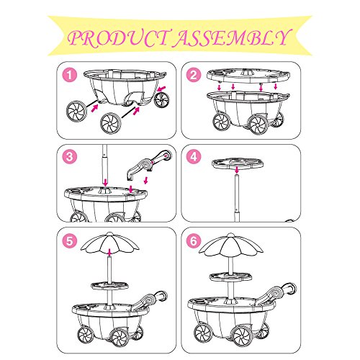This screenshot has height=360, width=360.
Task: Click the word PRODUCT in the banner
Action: click(x=117, y=38)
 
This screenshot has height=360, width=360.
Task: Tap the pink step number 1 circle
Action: click(x=70, y=75)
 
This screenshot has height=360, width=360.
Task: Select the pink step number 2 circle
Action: click(x=194, y=75)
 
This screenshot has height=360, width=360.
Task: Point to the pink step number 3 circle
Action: click(x=70, y=157)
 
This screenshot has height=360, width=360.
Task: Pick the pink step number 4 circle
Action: click(x=194, y=157)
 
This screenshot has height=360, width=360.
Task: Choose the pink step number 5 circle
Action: click(x=70, y=240)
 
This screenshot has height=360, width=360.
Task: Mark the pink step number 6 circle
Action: click(x=194, y=240)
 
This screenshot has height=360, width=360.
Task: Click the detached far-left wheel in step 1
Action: click(x=76, y=111)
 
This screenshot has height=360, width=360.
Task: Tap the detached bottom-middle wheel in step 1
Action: click(x=111, y=123)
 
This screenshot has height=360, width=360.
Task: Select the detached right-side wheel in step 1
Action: click(x=162, y=99)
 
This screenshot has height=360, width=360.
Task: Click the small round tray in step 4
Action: click(x=238, y=163)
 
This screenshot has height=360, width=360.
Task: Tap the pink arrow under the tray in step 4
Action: click(x=237, y=170)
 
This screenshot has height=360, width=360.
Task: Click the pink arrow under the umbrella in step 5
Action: click(x=109, y=253)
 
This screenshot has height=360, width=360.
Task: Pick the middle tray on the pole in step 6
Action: click(x=231, y=276)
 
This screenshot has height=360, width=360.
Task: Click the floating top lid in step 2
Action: click(x=248, y=76)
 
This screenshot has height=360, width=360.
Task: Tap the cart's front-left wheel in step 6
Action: click(x=203, y=333)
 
